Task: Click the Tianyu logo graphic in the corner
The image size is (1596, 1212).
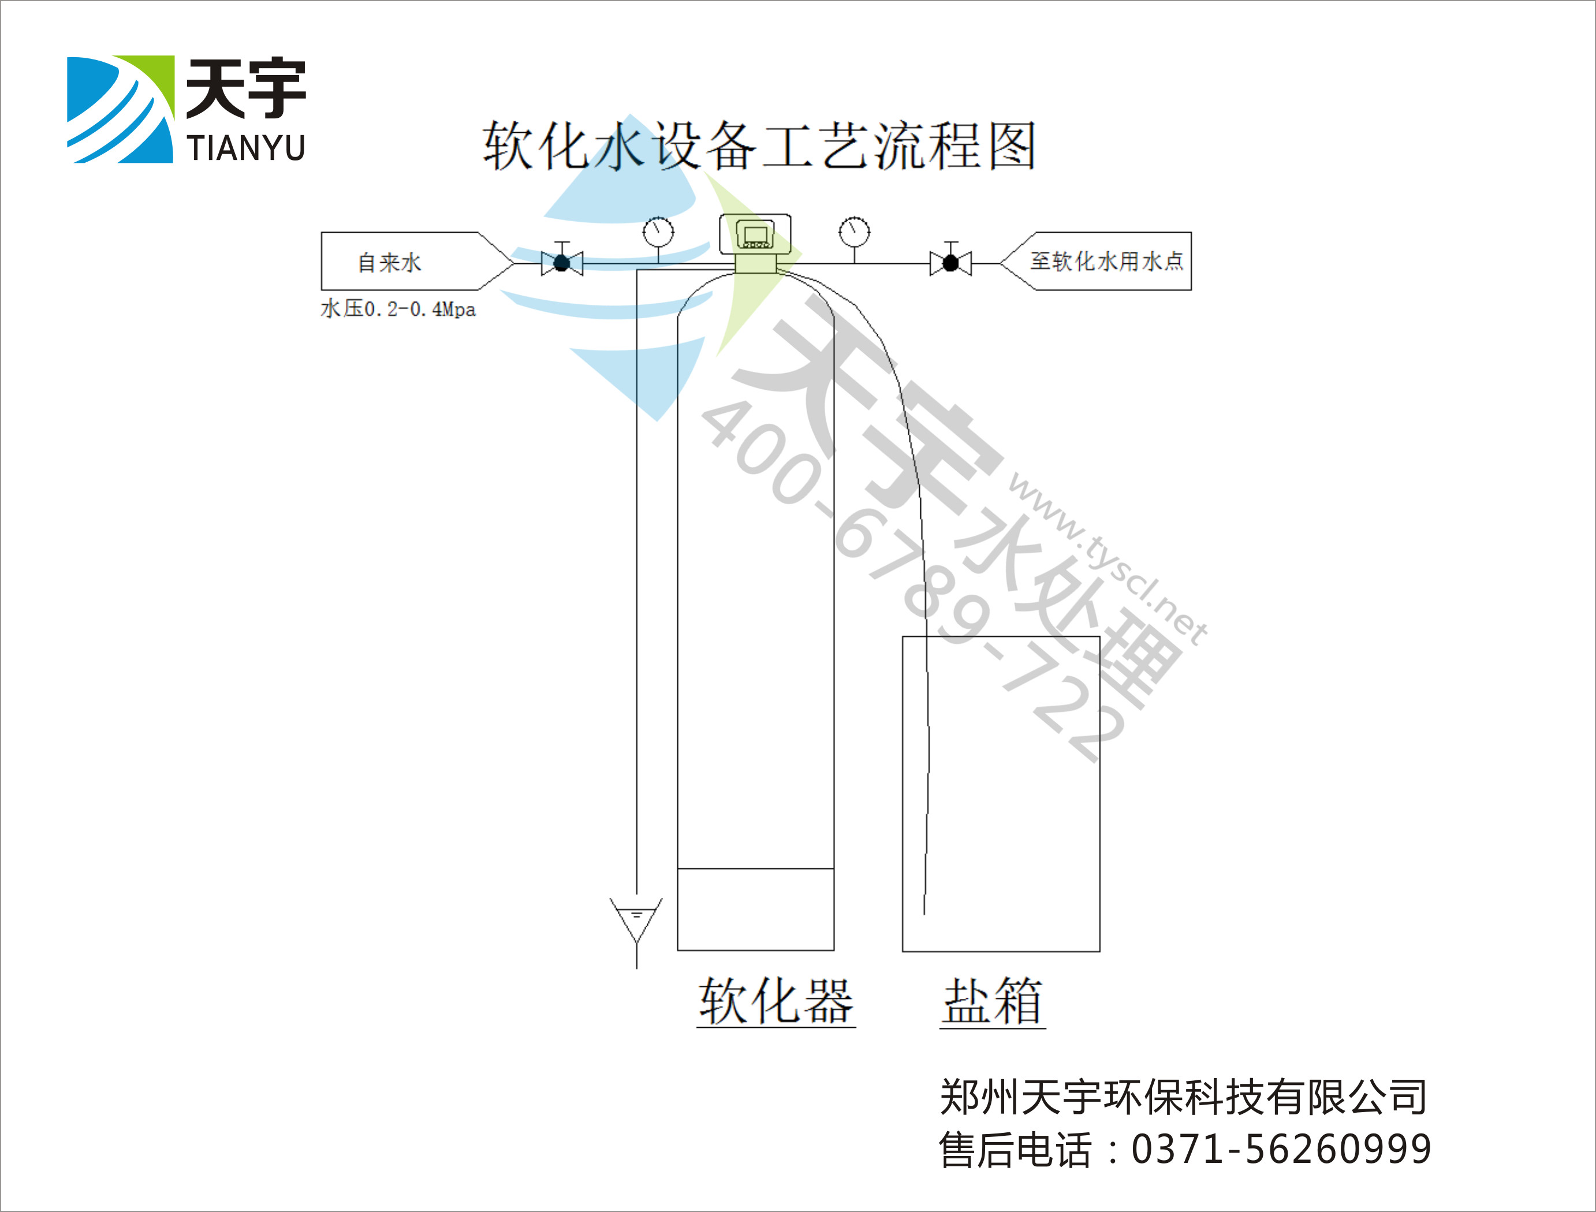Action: tap(121, 109)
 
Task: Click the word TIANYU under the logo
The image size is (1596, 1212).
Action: tap(246, 148)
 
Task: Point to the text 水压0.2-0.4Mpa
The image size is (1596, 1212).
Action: tap(398, 309)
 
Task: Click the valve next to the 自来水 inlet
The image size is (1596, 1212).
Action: tap(562, 260)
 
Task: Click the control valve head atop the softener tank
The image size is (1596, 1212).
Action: tap(755, 243)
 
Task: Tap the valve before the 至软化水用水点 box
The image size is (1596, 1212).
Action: tap(951, 260)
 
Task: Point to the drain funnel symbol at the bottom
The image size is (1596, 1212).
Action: tap(636, 919)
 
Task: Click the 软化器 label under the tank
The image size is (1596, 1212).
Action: tap(775, 1001)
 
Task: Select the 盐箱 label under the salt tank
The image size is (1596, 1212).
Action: tap(993, 1001)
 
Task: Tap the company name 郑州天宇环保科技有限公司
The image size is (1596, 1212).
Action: tap(1183, 1097)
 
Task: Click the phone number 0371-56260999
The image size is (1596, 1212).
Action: tap(1281, 1149)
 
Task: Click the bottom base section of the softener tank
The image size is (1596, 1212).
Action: tap(755, 909)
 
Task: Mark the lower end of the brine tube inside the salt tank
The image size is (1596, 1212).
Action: tap(925, 914)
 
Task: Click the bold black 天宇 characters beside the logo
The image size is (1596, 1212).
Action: tap(246, 88)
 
